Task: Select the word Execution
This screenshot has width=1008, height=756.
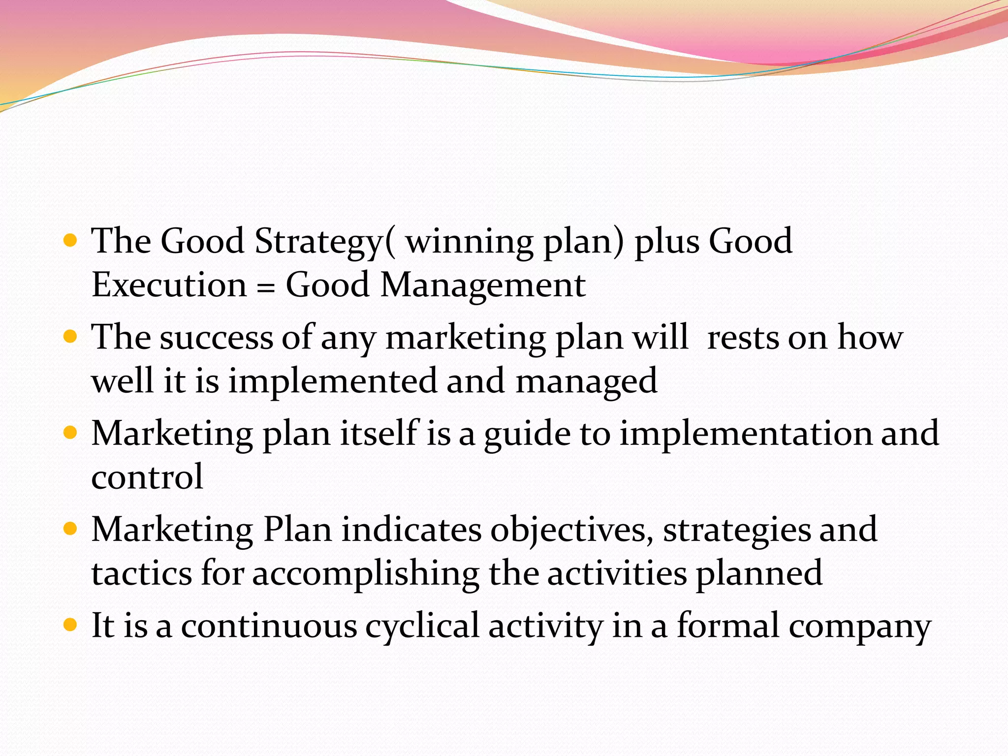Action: tap(169, 285)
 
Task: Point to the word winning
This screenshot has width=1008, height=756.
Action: tap(469, 242)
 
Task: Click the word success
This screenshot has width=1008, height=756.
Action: tap(216, 339)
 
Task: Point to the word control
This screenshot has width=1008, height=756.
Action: tap(147, 477)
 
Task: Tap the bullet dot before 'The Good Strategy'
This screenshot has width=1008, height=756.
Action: tap(71, 241)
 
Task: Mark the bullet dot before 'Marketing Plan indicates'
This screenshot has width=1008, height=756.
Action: tap(71, 529)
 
